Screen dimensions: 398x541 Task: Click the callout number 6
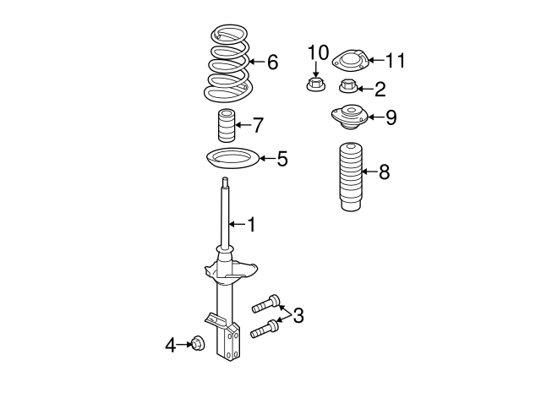click(272, 62)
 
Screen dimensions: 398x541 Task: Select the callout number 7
click(258, 126)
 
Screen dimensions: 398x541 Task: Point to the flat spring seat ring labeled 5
click(232, 157)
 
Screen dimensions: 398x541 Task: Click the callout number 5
click(282, 158)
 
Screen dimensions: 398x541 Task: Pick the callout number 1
click(250, 224)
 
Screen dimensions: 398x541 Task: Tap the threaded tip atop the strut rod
click(226, 183)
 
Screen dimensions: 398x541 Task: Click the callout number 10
click(317, 53)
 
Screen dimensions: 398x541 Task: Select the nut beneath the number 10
click(315, 85)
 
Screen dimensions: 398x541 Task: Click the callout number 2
click(380, 88)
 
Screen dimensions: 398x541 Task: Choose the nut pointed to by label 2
click(348, 85)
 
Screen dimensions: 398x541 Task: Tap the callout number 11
click(396, 60)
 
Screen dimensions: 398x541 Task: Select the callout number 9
click(391, 117)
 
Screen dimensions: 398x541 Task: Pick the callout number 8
click(384, 172)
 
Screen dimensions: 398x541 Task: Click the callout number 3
click(298, 315)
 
